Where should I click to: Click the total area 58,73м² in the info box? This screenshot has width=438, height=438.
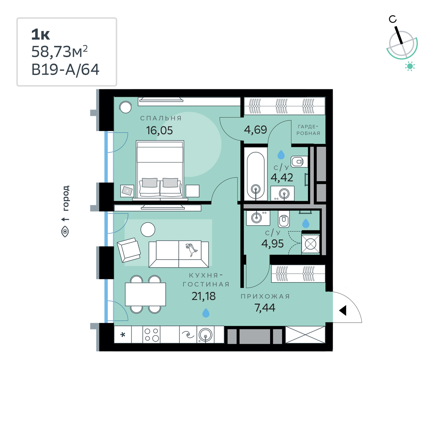coord(59,51)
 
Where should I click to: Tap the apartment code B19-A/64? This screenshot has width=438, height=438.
coord(65,69)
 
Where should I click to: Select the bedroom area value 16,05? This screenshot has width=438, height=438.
coord(159,130)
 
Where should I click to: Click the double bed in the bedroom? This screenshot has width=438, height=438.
coord(160,170)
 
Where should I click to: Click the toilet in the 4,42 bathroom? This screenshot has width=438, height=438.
coord(299,162)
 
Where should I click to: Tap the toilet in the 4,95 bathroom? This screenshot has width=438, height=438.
coord(284,218)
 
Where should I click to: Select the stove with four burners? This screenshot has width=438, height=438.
coord(152,335)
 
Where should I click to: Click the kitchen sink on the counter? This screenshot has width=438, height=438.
coord(206,335)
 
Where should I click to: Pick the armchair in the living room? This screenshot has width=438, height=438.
coord(129,250)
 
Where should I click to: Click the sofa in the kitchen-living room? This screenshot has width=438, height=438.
coord(179,254)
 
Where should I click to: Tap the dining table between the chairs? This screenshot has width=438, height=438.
coord(145,294)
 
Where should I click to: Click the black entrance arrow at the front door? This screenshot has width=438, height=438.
coord(343,310)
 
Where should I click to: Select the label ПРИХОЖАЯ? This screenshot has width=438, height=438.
coord(265,296)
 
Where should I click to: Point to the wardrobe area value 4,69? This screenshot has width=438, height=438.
coord(255,130)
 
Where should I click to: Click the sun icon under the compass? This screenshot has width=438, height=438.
coord(410,66)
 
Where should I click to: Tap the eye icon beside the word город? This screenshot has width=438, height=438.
coord(65,232)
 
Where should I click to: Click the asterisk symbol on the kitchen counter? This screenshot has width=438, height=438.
coord(123,335)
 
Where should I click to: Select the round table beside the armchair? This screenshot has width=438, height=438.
coord(148,229)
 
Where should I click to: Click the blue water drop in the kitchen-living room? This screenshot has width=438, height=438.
coord(206,313)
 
